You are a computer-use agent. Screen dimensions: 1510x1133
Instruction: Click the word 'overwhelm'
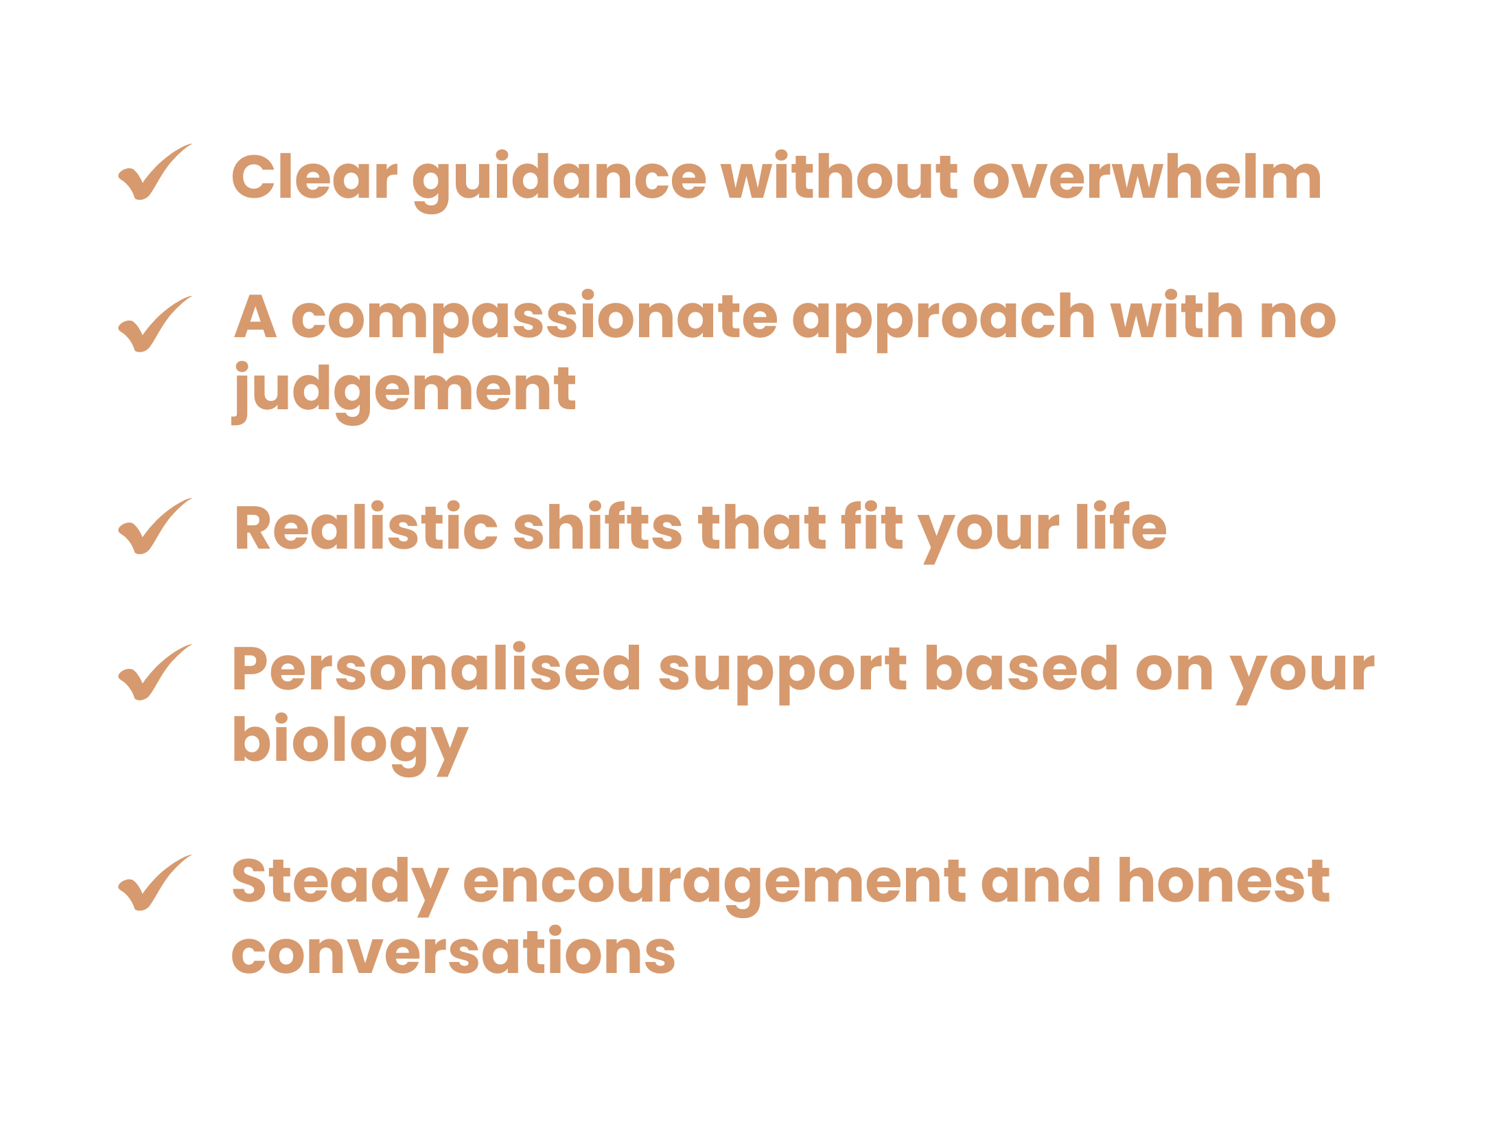[1147, 176]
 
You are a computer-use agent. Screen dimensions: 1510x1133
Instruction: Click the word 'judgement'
[404, 393]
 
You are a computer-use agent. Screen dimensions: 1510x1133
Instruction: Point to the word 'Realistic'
[366, 527]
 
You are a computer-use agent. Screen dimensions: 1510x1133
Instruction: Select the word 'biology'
[350, 746]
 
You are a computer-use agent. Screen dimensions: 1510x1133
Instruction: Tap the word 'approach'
[944, 321]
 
